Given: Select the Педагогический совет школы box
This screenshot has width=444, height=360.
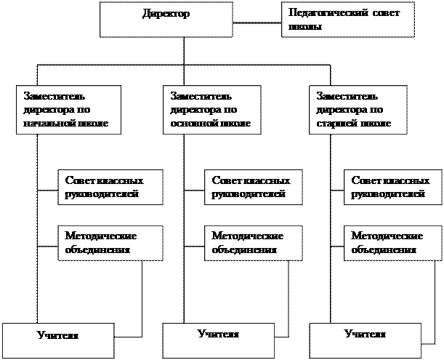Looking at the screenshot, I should pyautogui.click(x=347, y=19).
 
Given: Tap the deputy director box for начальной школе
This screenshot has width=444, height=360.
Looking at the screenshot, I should pyautogui.click(x=67, y=110).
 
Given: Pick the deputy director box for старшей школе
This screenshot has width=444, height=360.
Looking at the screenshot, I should pyautogui.click(x=358, y=110).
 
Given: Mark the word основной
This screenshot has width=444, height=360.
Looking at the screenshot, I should pyautogui.click(x=192, y=124).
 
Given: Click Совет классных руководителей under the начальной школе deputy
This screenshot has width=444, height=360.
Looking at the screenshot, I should pyautogui.click(x=110, y=187).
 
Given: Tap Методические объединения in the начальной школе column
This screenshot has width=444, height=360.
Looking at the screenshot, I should pyautogui.click(x=110, y=243).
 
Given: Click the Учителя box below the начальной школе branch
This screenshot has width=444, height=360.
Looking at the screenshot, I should pyautogui.click(x=57, y=337).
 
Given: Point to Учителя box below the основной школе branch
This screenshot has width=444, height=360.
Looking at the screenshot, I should pyautogui.click(x=219, y=337).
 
